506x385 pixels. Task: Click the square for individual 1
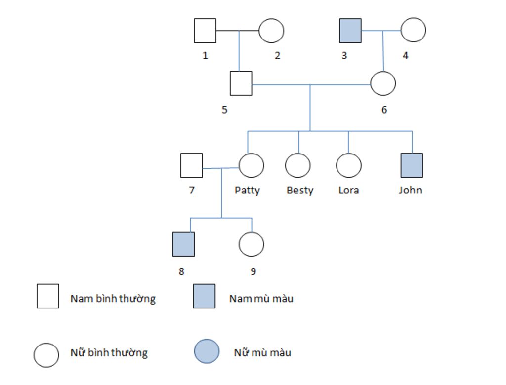click(x=205, y=31)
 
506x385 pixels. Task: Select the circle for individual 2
click(x=271, y=31)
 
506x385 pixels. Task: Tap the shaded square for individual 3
click(x=350, y=31)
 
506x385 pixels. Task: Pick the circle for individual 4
click(x=413, y=30)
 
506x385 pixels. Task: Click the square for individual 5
click(x=241, y=83)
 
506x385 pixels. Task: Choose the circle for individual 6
click(x=383, y=83)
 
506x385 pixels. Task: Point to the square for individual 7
click(x=191, y=165)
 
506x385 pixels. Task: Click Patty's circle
click(x=251, y=165)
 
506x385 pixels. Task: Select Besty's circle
click(x=298, y=165)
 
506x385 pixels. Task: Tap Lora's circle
click(x=348, y=165)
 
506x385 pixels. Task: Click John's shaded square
click(x=412, y=165)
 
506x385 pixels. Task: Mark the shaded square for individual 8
click(x=183, y=244)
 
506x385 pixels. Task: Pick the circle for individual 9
click(x=251, y=244)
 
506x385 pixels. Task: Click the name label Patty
click(x=247, y=191)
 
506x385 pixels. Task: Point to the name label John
click(x=411, y=190)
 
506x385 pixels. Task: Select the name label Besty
click(x=300, y=191)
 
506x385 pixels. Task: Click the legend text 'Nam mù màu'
click(x=261, y=299)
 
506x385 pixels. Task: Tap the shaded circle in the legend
click(x=207, y=351)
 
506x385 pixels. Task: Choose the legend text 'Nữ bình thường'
click(x=109, y=353)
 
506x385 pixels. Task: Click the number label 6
click(x=384, y=110)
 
